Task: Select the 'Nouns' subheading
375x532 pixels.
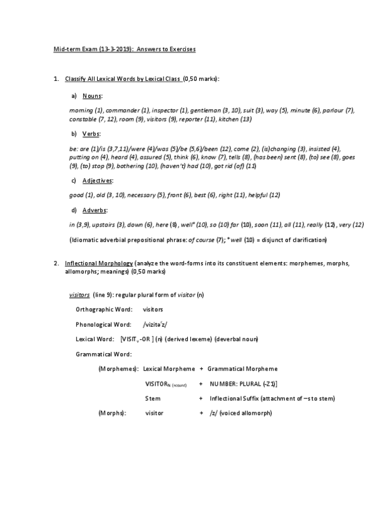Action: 93,95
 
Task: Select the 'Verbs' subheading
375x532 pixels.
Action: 91,134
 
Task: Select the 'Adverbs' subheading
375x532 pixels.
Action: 96,210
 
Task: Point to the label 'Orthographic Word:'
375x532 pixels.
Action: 104,309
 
